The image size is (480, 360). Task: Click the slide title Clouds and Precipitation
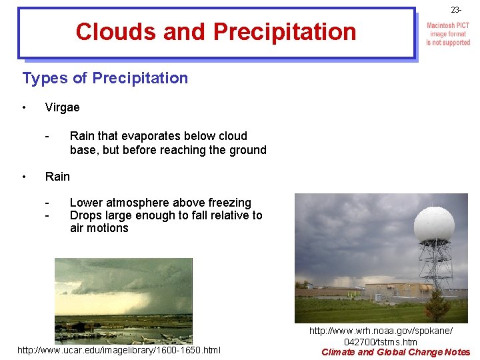[x=216, y=31]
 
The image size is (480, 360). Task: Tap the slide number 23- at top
[x=456, y=10]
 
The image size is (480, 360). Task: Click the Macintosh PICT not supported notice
[x=448, y=34]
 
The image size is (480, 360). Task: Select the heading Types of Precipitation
[x=105, y=78]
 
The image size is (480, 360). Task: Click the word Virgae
[x=62, y=107]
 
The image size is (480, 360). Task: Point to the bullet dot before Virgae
[x=24, y=107]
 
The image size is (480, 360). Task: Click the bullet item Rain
[x=57, y=176]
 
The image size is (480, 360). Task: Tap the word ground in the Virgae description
[x=246, y=150]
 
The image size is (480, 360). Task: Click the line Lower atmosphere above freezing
[x=160, y=203]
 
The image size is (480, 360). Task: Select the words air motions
[x=99, y=228]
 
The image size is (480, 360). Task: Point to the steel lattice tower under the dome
[x=435, y=267]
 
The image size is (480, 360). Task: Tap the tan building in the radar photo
[x=394, y=291]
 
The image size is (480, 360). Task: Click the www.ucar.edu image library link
[x=119, y=350]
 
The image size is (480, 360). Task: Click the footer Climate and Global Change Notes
[x=395, y=352]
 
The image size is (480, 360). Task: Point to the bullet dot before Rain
[x=24, y=176]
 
